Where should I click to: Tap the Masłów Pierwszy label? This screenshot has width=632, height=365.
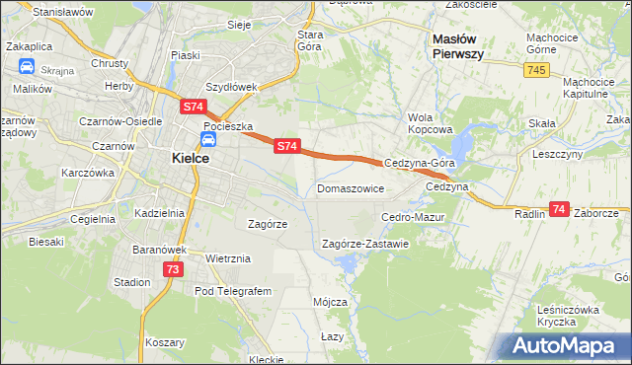coord(457,46)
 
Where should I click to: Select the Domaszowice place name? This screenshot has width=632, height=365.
coord(351,187)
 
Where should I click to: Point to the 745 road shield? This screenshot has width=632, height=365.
coord(536,69)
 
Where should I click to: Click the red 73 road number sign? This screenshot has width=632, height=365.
coord(173,269)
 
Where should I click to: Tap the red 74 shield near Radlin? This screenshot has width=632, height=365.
coord(559,209)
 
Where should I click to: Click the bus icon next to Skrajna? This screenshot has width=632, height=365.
coord(25,68)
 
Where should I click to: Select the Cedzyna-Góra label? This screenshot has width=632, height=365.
coord(420,164)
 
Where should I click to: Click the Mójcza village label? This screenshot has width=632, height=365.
coord(330,301)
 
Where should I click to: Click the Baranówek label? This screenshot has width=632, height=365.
coord(160,250)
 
